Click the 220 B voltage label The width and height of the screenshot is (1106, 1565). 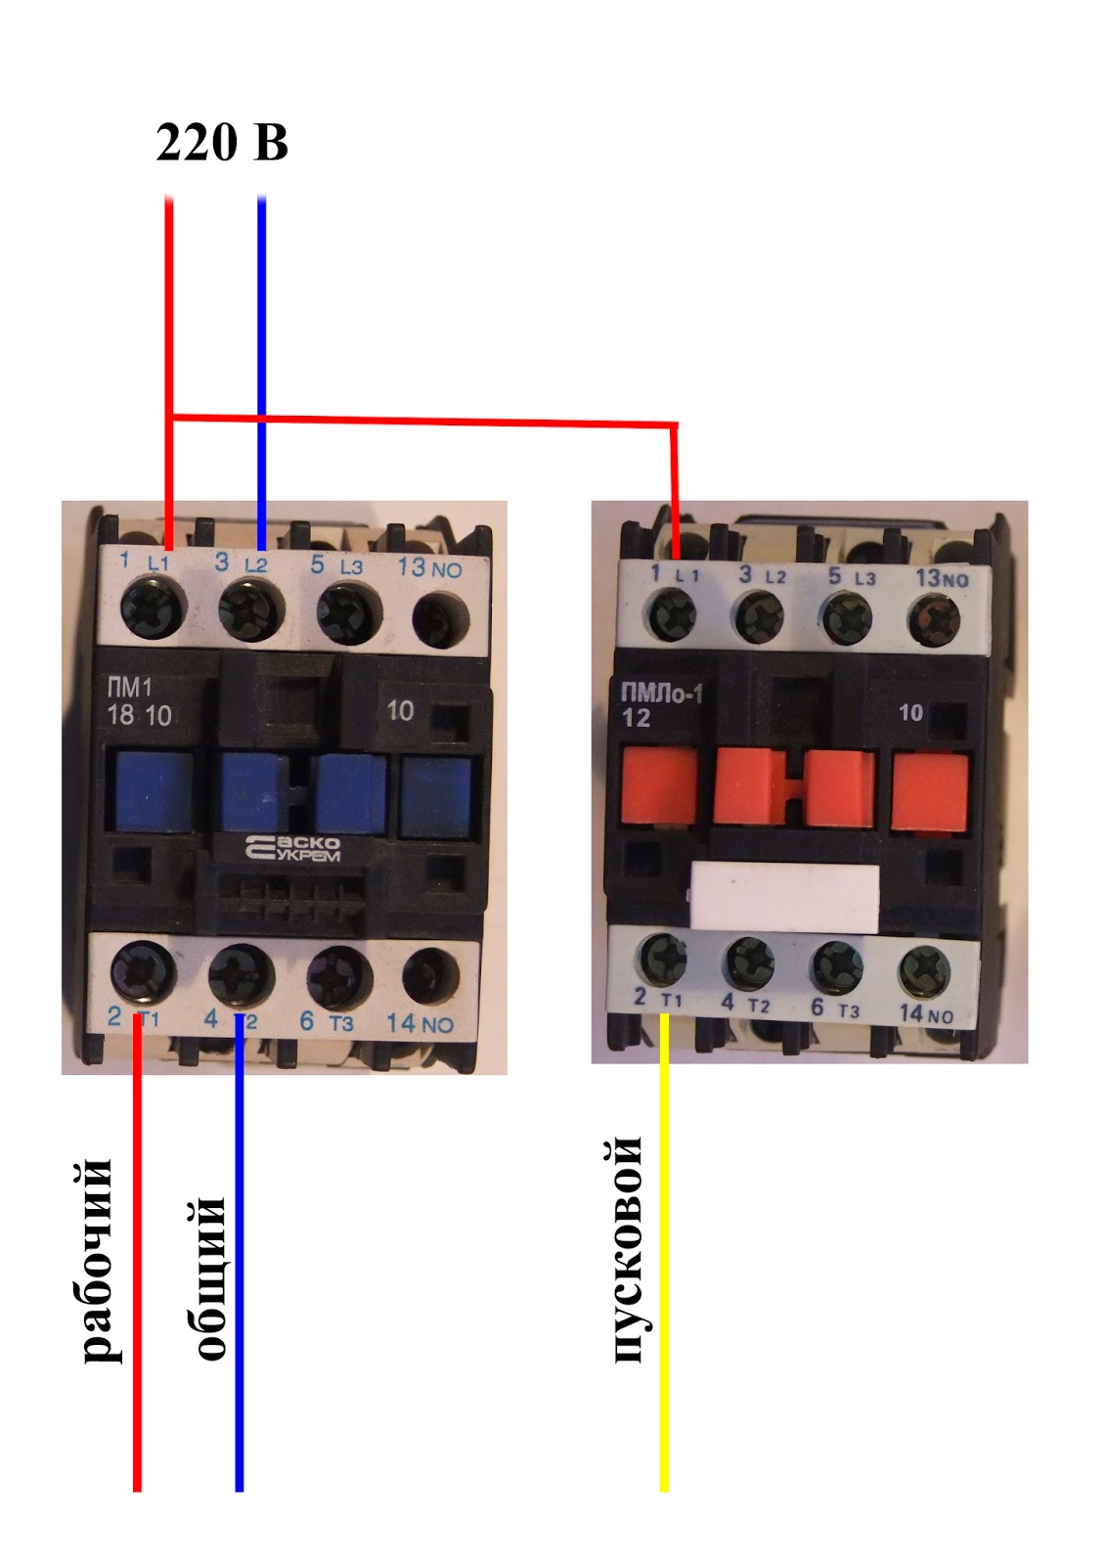click(222, 143)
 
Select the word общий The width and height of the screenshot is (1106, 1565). click(208, 1276)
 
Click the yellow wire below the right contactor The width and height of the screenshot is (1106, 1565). click(664, 1272)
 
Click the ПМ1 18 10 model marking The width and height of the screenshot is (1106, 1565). click(139, 702)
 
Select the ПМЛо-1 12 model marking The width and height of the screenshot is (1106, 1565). click(661, 705)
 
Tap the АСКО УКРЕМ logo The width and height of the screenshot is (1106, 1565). click(292, 848)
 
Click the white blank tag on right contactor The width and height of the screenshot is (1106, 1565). click(785, 895)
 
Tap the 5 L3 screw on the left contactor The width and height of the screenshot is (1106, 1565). click(345, 614)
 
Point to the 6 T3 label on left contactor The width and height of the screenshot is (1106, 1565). click(326, 1022)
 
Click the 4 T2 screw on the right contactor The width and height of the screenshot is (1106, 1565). click(750, 962)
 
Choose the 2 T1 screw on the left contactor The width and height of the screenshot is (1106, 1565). click(143, 972)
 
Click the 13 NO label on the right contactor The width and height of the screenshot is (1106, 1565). click(941, 578)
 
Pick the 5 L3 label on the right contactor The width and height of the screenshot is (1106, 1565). click(852, 577)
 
